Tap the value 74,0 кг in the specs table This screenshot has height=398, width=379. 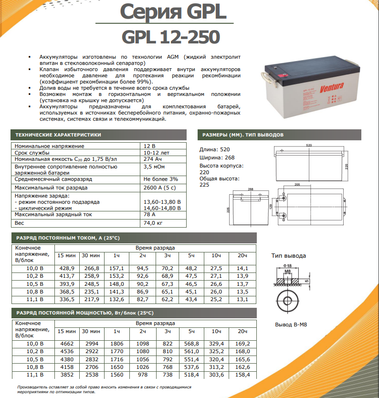(x=153, y=223)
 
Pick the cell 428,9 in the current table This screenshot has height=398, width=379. (x=66, y=269)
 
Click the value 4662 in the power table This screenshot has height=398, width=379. (x=66, y=343)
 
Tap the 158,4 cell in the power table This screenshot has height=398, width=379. (x=242, y=376)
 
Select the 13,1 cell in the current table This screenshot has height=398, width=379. (x=242, y=299)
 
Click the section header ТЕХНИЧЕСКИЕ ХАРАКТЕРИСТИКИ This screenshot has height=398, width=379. (x=58, y=135)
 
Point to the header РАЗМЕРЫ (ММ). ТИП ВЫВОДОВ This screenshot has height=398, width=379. (x=243, y=135)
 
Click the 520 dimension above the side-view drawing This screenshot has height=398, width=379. (x=309, y=145)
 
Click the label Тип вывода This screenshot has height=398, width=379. (x=288, y=256)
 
